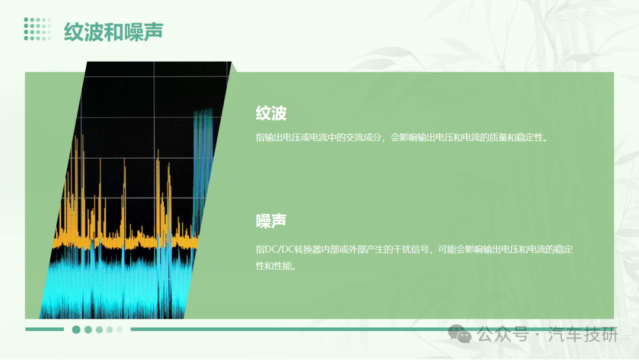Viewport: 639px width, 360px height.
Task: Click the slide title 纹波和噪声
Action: coord(113,31)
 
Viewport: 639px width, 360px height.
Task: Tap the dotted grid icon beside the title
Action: coord(37,29)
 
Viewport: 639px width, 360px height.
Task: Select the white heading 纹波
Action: coord(271,113)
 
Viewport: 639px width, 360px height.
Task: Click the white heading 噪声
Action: coord(271,221)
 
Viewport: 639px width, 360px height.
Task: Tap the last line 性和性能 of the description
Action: coord(276,266)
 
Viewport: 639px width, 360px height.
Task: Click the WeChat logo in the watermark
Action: coord(460,334)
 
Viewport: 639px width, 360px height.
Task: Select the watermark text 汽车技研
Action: coord(583,335)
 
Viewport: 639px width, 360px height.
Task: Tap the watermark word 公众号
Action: coord(503,335)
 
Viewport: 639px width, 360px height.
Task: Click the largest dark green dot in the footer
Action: coord(76,329)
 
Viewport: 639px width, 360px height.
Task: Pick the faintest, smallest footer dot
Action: coord(120,329)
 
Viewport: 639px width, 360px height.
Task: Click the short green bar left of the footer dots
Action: coord(44,329)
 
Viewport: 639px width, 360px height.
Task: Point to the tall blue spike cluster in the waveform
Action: coord(203,163)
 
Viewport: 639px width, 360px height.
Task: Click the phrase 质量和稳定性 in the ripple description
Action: coord(517,137)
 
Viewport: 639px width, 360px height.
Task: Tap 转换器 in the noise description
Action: coord(307,249)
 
